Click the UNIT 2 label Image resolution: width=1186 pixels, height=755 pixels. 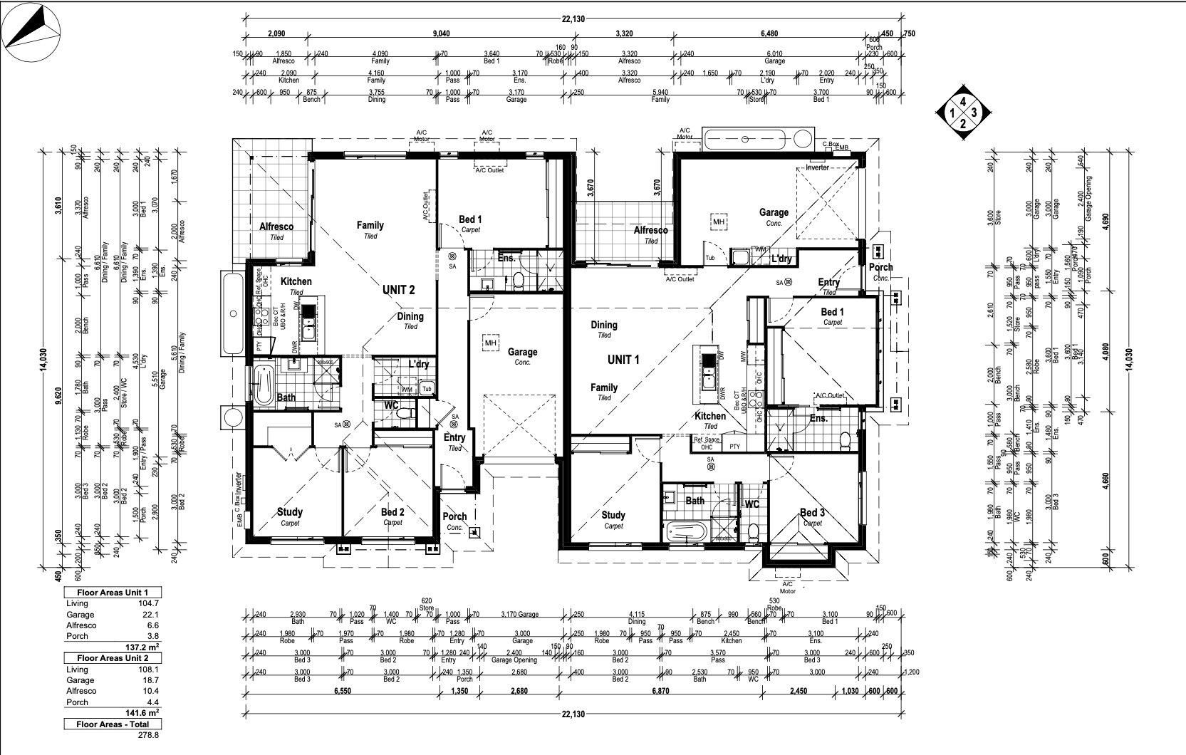coord(398,290)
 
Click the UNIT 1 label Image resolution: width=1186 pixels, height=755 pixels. coord(623,360)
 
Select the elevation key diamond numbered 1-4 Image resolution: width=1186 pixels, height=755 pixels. coord(963,112)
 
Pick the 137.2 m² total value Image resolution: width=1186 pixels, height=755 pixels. coord(141,647)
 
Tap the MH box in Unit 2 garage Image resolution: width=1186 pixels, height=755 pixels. coord(490,343)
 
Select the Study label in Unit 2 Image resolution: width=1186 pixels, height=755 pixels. coord(289,512)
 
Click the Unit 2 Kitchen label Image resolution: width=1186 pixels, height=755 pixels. coord(296,282)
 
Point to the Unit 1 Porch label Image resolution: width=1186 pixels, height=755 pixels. coord(880,268)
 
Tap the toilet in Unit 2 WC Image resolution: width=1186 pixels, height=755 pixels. coord(405,413)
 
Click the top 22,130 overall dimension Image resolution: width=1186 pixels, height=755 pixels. coord(573,19)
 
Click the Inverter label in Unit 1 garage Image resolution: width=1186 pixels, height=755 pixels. coord(817,168)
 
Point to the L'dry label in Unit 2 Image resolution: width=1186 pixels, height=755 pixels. coord(418,364)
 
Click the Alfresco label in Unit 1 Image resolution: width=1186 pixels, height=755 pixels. coord(650,231)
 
